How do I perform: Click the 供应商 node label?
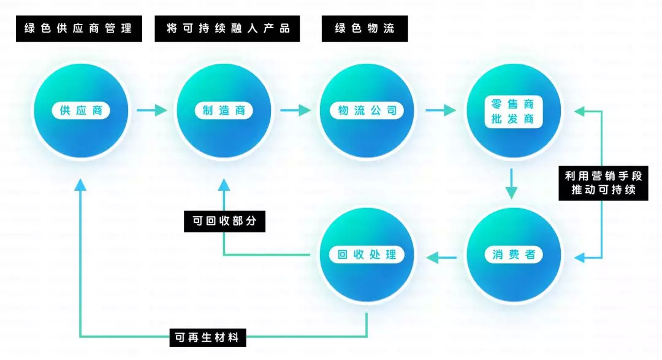pos(81,111)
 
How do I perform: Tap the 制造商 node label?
pos(224,111)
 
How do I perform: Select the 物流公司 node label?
pos(367,111)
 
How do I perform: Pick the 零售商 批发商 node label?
pos(512,112)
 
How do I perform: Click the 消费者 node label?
pos(514,255)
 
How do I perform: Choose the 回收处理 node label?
pos(367,255)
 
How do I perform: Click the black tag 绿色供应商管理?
pos(79,29)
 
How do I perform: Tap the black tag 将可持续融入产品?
pos(227,29)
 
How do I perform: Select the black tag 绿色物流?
pos(365,29)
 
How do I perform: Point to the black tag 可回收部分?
pos(224,221)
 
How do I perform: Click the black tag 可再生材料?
pos(208,337)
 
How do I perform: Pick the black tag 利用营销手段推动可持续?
pos(603,183)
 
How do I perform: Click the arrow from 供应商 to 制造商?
pos(152,110)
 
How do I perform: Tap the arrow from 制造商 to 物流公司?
pos(295,110)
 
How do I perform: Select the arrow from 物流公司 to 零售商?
pos(441,110)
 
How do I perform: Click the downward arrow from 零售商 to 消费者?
pos(511,184)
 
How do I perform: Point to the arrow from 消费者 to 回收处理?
pos(441,257)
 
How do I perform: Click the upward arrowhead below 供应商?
pos(80,185)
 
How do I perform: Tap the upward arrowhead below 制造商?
pos(224,185)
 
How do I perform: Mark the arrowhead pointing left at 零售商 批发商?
pos(580,112)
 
